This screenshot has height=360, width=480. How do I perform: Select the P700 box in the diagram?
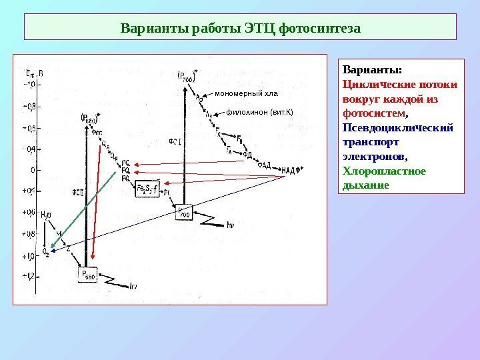tap(183, 213)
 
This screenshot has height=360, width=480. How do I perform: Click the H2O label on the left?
tap(46, 215)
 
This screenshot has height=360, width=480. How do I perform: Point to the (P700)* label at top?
tap(187, 74)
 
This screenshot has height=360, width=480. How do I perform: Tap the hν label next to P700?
tap(231, 225)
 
